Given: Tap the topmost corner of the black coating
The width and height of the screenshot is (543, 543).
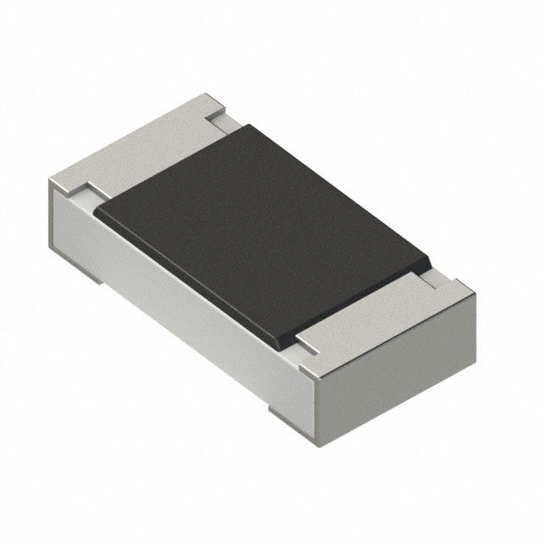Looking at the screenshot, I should (x=249, y=126).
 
